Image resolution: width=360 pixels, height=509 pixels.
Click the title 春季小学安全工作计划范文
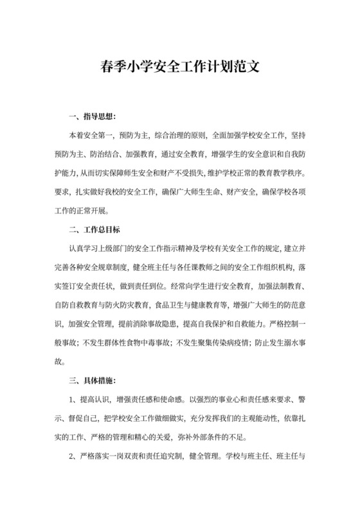pos(180,66)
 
